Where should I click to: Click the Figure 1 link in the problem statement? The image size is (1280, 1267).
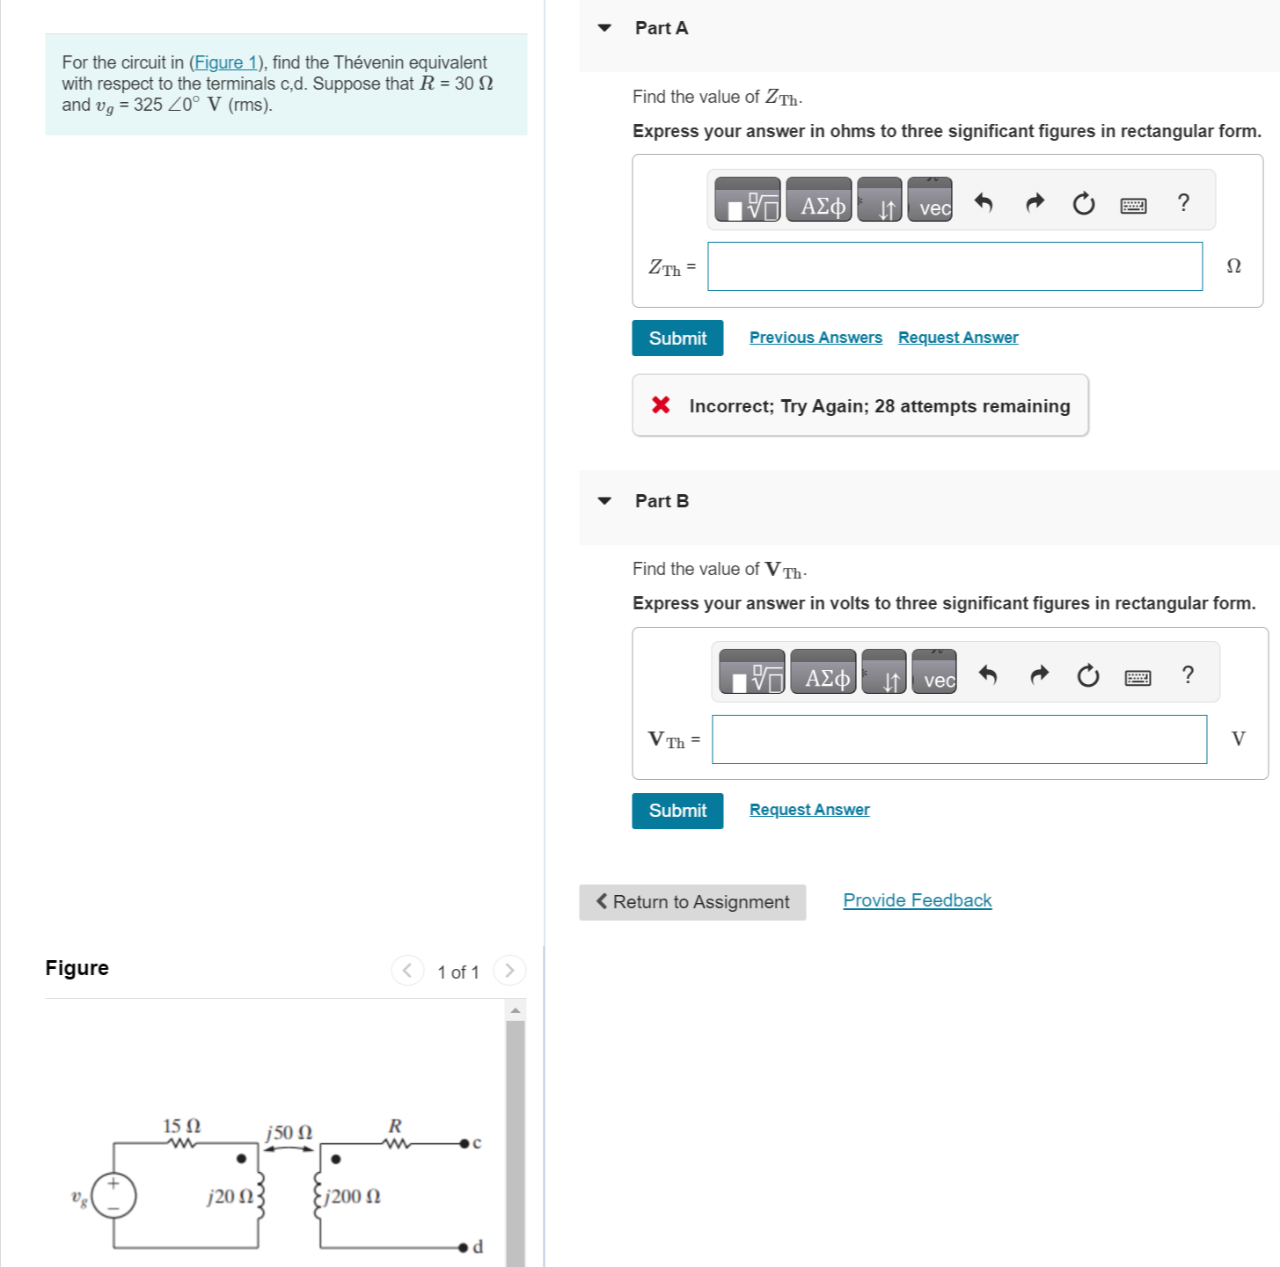[225, 62]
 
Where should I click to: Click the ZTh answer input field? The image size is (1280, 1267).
[955, 266]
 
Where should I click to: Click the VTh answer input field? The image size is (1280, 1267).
[959, 739]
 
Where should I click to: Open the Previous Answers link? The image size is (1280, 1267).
[815, 338]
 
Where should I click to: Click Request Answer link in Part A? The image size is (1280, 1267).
[957, 338]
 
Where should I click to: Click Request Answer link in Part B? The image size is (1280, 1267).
[808, 810]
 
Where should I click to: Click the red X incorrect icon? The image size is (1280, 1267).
[661, 405]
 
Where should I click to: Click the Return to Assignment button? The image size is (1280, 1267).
[691, 902]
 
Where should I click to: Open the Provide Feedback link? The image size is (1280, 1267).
[917, 900]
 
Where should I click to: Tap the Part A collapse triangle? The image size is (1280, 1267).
[604, 28]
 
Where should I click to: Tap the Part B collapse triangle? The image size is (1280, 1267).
[604, 501]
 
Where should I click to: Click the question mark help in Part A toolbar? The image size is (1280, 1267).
[1182, 203]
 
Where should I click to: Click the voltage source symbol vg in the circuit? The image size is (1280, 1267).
[114, 1196]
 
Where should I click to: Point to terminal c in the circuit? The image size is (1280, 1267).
[464, 1143]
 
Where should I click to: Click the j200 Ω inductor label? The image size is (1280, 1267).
[353, 1197]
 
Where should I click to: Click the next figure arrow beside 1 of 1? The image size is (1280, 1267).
[509, 971]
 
